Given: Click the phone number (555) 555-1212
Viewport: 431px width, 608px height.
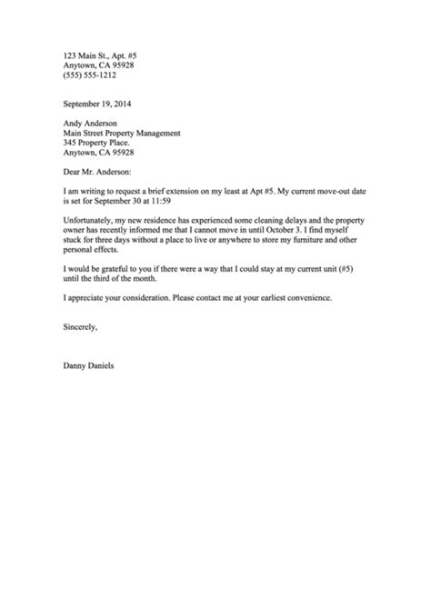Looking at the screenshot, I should click(x=88, y=76).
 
